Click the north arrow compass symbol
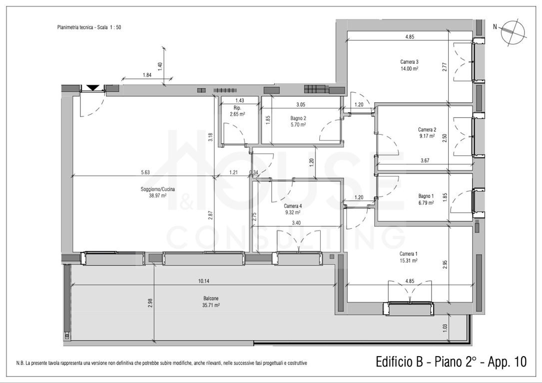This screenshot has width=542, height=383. coord(514,33)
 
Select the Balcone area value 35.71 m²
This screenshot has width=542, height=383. coord(211,305)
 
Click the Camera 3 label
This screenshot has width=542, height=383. coord(409,62)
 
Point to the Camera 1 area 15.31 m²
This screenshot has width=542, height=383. coord(408,261)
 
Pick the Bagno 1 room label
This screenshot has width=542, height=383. coord(426,196)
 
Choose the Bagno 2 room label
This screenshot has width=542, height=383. coord(298,118)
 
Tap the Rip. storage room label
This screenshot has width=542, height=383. coord(237,108)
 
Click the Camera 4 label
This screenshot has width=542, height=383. coord(292,206)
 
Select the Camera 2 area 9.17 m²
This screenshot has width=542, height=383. coord(427,136)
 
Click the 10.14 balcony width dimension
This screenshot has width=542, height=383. coord(204,281)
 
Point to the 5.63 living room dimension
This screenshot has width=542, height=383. coord(145,172)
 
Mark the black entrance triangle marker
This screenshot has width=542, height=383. coord(92,88)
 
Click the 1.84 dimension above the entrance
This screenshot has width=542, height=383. coord(147,75)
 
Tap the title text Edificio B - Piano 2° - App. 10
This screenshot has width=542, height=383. coord(451,362)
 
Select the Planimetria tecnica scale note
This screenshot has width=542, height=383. coord(89,27)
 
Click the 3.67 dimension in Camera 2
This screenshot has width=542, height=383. coord(425,161)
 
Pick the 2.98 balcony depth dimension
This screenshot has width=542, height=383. coord(150,303)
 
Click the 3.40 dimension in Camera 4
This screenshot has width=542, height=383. coord(296,223)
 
